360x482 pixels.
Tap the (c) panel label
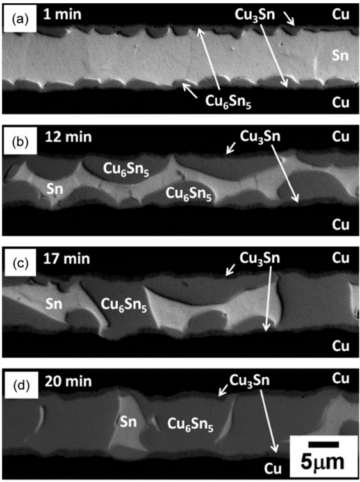pyautogui.click(x=20, y=263)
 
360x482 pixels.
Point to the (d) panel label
pyautogui.click(x=20, y=386)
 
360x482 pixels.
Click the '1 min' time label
pyautogui.click(x=62, y=15)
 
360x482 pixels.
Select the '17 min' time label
pyautogui.click(x=67, y=258)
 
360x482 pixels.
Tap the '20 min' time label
pyautogui.click(x=68, y=381)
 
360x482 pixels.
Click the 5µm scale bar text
pyautogui.click(x=322, y=462)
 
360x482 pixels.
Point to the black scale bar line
pyautogui.click(x=323, y=444)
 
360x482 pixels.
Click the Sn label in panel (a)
pyautogui.click(x=340, y=56)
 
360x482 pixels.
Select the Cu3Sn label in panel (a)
pyautogui.click(x=255, y=15)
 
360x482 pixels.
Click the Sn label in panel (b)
pyautogui.click(x=54, y=188)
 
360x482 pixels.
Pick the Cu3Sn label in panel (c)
pyautogui.click(x=260, y=258)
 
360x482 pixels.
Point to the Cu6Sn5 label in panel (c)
pyautogui.click(x=124, y=305)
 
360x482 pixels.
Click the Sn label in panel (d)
pyautogui.click(x=128, y=422)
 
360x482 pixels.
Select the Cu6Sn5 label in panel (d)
pyautogui.click(x=190, y=424)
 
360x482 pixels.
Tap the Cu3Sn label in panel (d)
pyautogui.click(x=249, y=381)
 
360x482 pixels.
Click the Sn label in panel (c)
pyautogui.click(x=54, y=304)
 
